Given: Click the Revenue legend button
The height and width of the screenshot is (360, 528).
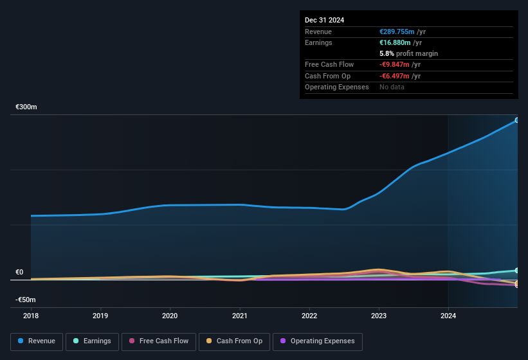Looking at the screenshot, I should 37,341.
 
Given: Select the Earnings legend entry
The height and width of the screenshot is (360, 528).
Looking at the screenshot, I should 92,341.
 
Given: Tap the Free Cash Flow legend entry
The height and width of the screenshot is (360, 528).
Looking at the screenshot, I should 158,341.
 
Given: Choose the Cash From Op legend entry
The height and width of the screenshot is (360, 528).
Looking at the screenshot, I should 235,341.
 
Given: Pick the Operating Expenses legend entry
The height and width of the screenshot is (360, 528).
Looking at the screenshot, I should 318,341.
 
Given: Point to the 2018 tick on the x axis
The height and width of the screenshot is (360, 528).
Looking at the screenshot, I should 31,316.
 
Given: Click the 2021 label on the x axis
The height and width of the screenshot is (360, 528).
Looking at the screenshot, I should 239,316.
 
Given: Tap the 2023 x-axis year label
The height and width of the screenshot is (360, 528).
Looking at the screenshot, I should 379,316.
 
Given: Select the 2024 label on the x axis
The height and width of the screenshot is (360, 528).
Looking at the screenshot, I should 448,316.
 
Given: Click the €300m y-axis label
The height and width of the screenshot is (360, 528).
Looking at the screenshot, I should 26,107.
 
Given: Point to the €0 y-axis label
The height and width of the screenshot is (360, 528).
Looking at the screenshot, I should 19,272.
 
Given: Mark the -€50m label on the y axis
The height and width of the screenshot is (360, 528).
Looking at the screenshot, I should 26,300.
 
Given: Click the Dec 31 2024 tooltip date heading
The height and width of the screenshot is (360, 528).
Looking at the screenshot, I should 324,20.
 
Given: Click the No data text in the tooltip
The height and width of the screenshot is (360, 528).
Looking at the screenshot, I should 392,87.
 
